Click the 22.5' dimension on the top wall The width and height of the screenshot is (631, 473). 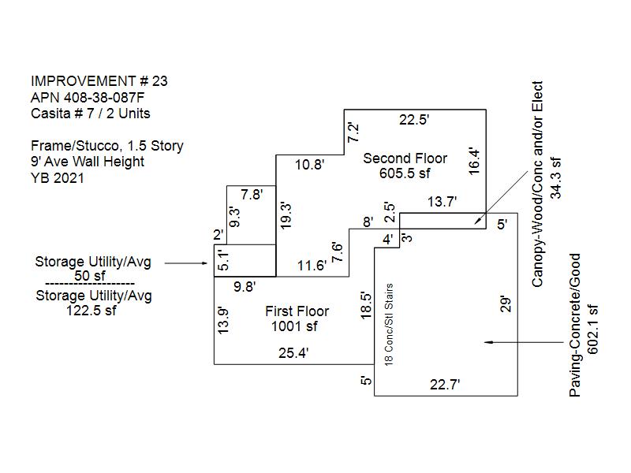point(414,120)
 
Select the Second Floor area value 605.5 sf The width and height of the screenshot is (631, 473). point(405,173)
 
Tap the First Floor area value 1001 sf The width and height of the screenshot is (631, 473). point(294,326)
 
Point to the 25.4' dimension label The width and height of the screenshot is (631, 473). point(293,353)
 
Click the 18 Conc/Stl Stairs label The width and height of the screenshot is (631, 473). point(389,325)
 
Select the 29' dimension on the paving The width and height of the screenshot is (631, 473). point(506,304)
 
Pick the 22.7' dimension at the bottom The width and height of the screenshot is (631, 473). point(445,385)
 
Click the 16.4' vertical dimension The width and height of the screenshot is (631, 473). point(475,162)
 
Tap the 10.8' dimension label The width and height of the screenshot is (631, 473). point(309,165)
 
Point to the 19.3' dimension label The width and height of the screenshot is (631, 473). point(286,215)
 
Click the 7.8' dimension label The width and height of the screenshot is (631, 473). point(252,195)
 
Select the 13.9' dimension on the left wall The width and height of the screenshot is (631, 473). point(223,321)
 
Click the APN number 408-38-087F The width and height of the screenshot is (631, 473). point(104,98)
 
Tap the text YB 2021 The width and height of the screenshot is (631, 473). point(58,178)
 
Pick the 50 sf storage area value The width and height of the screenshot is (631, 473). point(89,277)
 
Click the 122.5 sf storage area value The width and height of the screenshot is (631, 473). point(91,311)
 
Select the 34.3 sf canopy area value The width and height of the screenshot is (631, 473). point(556,178)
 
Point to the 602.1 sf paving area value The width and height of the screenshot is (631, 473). point(593,330)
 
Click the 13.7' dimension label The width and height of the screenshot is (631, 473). point(442,202)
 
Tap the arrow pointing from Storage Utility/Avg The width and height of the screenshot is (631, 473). point(186,263)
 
